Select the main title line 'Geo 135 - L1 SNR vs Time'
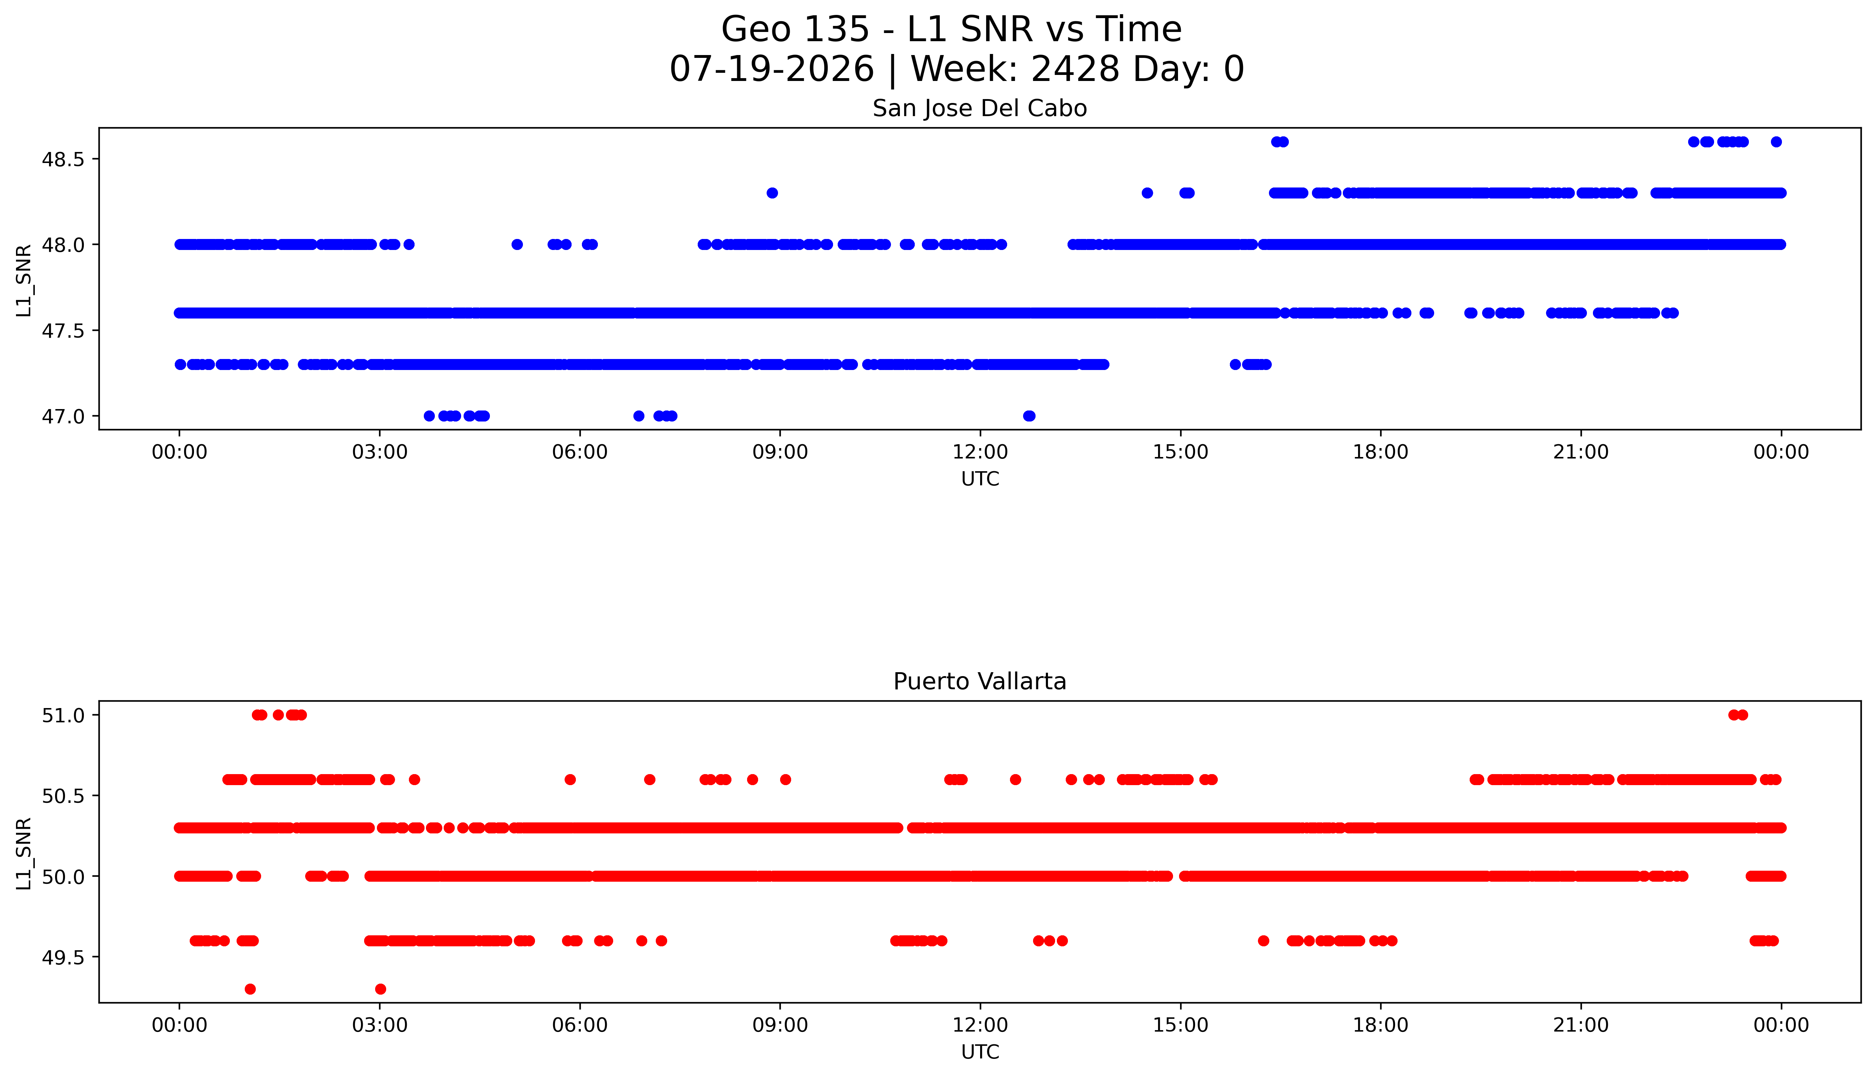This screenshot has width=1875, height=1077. coord(952,29)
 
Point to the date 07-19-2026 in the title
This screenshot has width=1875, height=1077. coord(772,69)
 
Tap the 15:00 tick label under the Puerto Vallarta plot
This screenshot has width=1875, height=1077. coord(1180,1025)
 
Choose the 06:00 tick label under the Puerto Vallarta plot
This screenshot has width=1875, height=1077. coord(580,1025)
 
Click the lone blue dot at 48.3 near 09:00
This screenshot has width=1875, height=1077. coord(772,193)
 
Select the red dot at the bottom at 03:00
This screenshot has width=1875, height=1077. coord(380,989)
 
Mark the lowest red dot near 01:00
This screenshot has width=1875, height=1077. coord(250,989)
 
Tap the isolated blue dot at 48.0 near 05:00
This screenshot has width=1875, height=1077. coord(517,244)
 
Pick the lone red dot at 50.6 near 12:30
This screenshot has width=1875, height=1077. coord(1015,780)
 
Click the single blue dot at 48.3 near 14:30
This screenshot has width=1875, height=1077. coord(1147,193)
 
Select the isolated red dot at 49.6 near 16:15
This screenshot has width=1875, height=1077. coord(1263,941)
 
